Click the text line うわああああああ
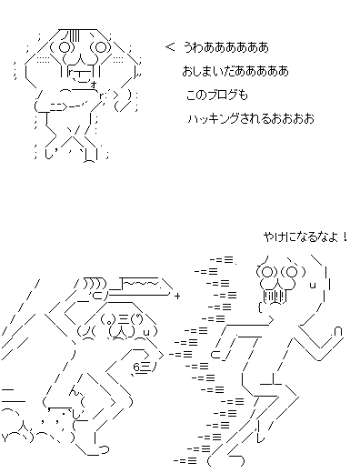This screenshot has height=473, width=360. [226, 47]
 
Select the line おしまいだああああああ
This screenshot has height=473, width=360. [235, 71]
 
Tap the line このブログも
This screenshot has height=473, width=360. [216, 95]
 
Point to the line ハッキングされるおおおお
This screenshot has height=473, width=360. [251, 118]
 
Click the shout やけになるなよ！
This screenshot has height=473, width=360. [305, 236]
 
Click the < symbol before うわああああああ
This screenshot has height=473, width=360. [170, 47]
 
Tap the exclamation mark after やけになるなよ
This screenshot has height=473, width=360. [345, 236]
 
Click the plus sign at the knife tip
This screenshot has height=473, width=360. [177, 296]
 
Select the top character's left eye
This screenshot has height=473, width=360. [65, 47]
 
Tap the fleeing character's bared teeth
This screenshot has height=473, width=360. [275, 297]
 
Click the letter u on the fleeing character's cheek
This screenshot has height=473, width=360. [314, 286]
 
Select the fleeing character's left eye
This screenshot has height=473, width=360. [267, 272]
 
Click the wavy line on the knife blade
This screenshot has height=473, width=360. [141, 284]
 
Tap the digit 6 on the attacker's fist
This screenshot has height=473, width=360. [136, 367]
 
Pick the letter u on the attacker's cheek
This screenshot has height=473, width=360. [146, 333]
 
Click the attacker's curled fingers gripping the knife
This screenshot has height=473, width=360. [95, 283]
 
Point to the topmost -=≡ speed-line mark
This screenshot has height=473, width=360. [223, 260]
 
